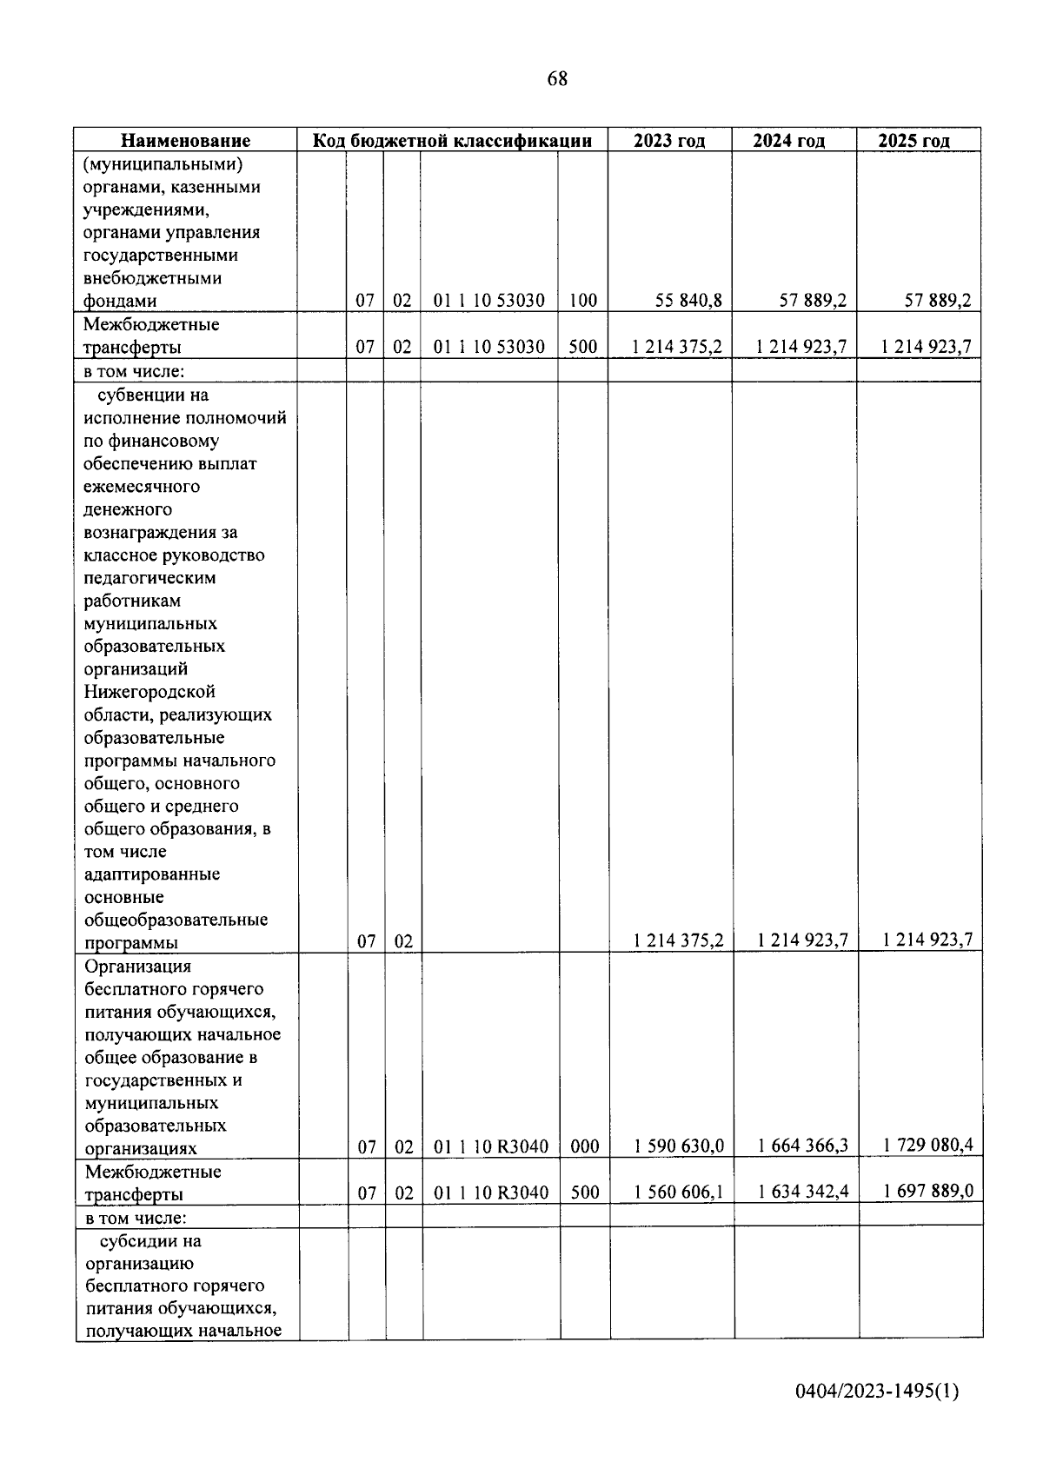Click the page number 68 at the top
point(557,79)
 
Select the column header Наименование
point(185,141)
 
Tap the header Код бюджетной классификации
point(452,141)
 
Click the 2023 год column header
point(669,141)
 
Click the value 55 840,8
point(689,301)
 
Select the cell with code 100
point(583,301)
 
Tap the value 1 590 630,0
point(679,1146)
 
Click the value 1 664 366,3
point(803,1146)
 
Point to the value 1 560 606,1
point(679,1192)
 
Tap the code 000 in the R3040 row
point(585,1146)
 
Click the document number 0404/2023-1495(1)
point(877,1392)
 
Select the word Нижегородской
point(149,692)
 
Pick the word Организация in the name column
point(138,967)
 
